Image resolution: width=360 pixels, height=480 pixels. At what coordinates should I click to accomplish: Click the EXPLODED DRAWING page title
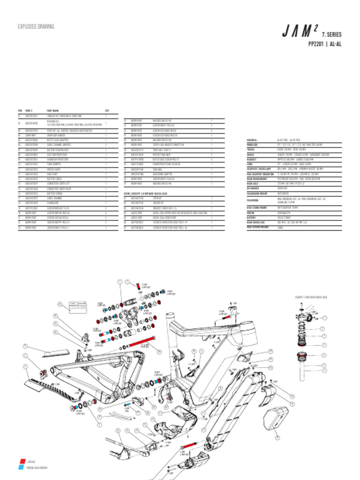pyautogui.click(x=36, y=27)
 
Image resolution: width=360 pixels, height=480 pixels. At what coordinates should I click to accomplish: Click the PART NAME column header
pyautogui.click(x=52, y=111)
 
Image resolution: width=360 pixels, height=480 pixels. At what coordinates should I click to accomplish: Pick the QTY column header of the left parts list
pyautogui.click(x=107, y=111)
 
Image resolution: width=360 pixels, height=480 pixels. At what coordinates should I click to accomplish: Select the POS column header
pyautogui.click(x=20, y=111)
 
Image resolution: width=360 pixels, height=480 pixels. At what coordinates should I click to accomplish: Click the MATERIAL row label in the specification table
pyautogui.click(x=252, y=140)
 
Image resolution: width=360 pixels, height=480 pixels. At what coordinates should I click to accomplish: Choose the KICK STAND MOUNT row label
pyautogui.click(x=256, y=207)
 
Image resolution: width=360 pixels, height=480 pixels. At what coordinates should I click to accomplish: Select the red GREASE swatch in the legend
pyautogui.click(x=21, y=461)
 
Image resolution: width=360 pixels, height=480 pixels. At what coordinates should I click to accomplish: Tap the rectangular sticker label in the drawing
pyautogui.click(x=78, y=307)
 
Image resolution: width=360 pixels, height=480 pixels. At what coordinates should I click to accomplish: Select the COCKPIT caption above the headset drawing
pyautogui.click(x=310, y=297)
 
